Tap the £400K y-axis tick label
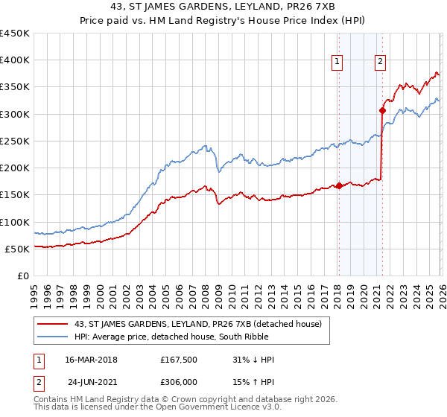point(14,60)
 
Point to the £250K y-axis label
point(14,141)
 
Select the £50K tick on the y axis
point(17,249)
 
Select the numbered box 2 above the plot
point(381,63)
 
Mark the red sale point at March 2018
point(339,186)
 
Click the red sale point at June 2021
point(382,110)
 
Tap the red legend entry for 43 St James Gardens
point(197,324)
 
